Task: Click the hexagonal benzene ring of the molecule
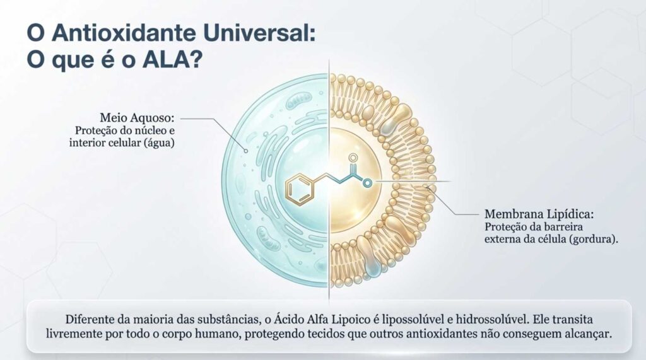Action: pos(301,190)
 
